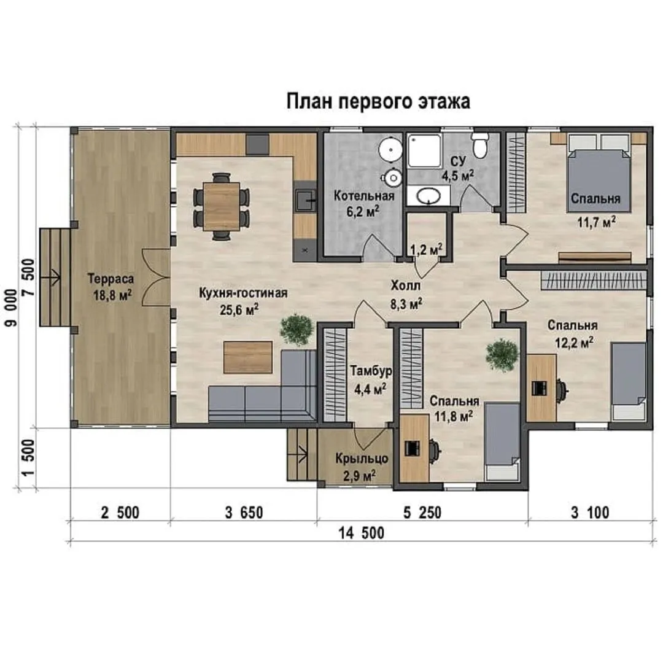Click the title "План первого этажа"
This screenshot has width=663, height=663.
(x=378, y=101)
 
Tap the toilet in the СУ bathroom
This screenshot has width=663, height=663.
(x=480, y=145)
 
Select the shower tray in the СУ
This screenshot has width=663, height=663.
(x=425, y=151)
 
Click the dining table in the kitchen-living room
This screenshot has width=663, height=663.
(x=221, y=206)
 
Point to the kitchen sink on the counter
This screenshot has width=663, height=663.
(x=305, y=200)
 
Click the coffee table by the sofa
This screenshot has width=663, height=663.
(x=248, y=357)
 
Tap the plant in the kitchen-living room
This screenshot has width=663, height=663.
(x=297, y=330)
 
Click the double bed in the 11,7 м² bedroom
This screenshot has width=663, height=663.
(x=600, y=173)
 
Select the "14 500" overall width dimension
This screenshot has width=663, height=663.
(x=362, y=533)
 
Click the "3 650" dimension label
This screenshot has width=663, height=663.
(x=244, y=513)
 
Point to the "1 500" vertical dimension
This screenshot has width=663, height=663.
(x=28, y=458)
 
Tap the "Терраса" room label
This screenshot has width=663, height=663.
(x=110, y=279)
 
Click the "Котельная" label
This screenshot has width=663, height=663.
(x=364, y=196)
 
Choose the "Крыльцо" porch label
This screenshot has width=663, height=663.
(x=362, y=459)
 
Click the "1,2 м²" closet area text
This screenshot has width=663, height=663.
(x=426, y=250)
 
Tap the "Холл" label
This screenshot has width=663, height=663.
(x=406, y=286)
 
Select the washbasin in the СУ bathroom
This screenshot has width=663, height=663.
(x=428, y=195)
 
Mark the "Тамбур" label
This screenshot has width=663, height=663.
(x=371, y=371)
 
